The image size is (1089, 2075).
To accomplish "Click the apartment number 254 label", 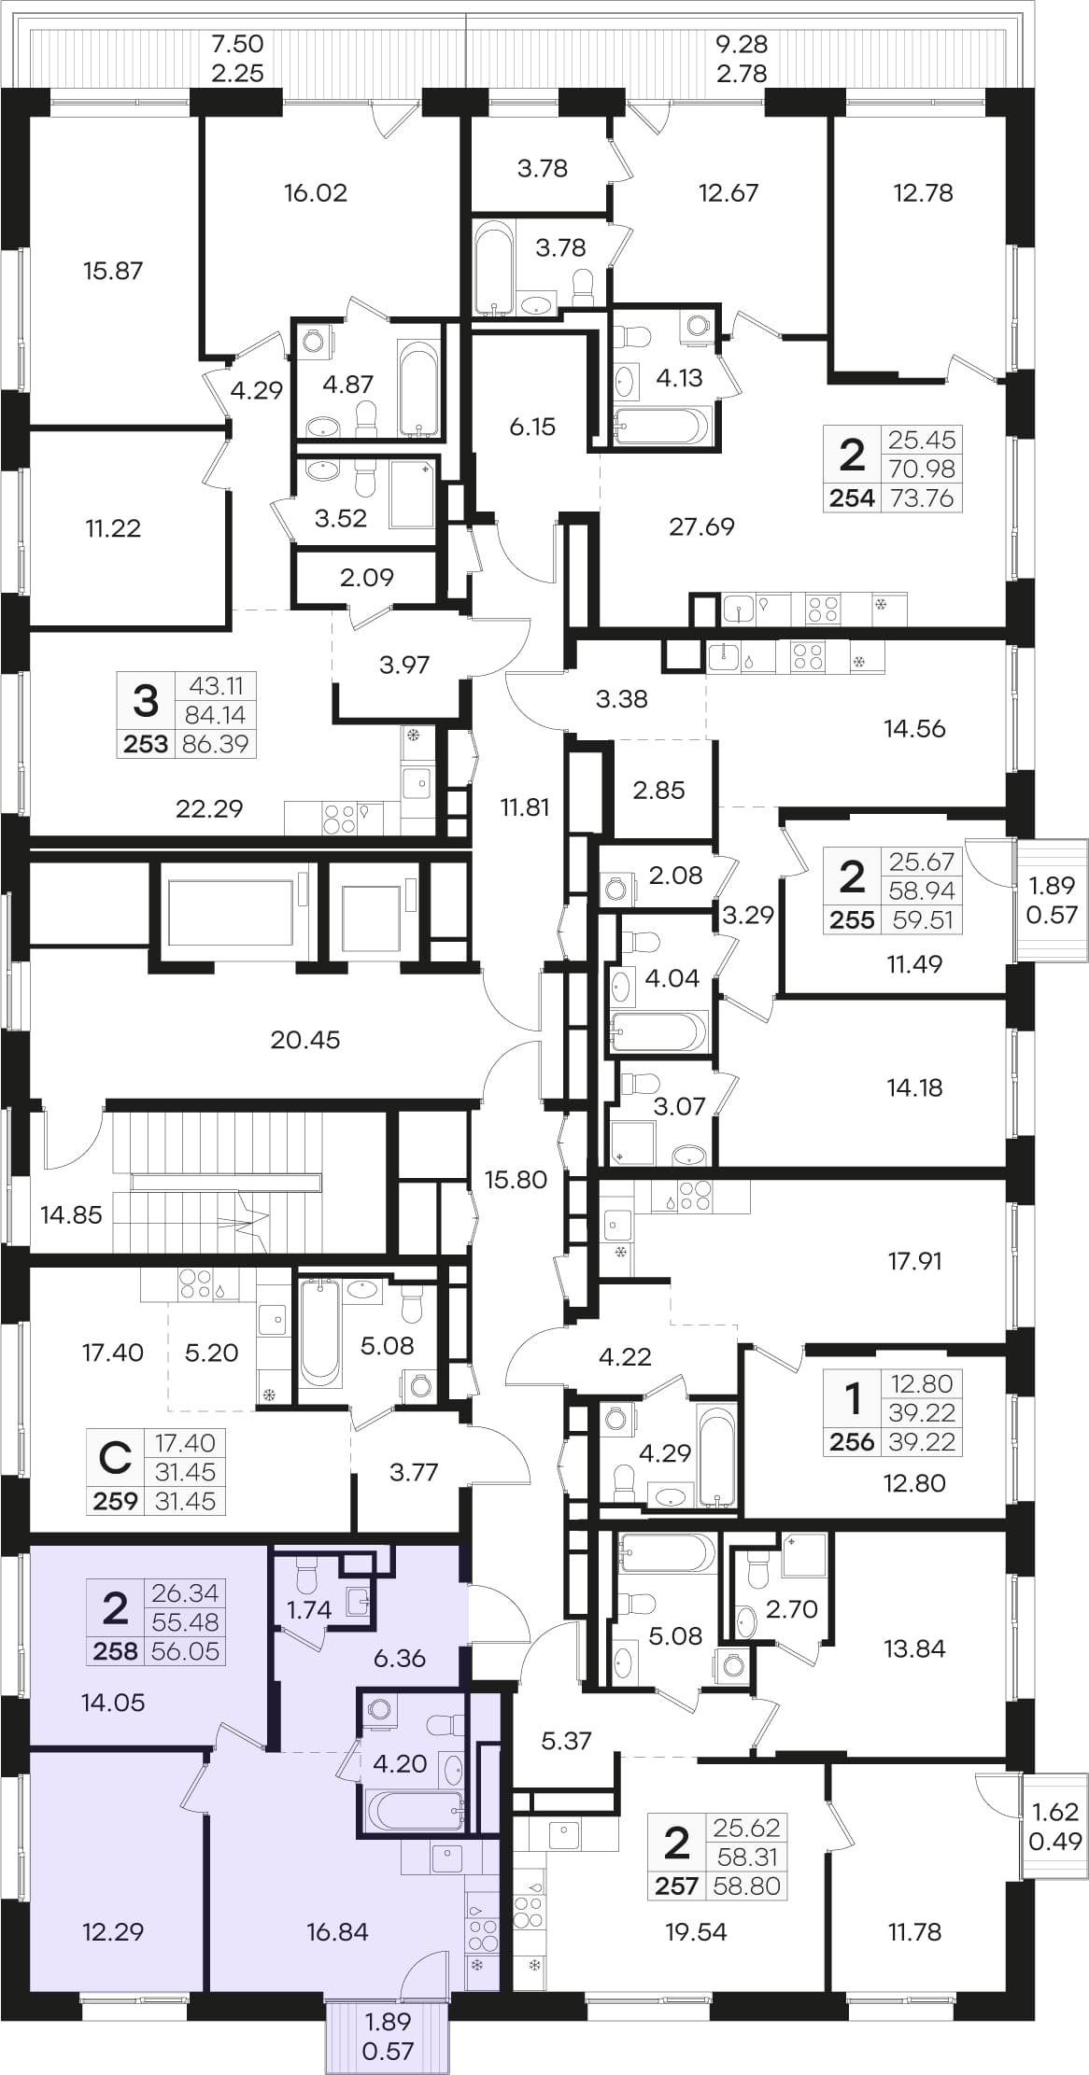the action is pos(852,498).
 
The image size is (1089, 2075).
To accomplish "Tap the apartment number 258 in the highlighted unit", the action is pos(115,1651).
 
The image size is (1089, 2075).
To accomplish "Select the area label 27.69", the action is pos(701,526).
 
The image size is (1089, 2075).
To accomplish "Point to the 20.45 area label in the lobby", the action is pos(305,1039).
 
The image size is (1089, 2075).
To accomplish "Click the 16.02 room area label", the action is pos(316,193).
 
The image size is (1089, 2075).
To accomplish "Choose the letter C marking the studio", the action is pos(115,1458).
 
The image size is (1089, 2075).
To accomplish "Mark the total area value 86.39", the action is pos(216,744).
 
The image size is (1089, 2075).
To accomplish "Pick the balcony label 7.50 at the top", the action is pos(237,44).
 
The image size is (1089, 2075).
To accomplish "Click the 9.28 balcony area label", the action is pos(742,44).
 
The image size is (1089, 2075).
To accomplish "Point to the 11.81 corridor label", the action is pos(525,807).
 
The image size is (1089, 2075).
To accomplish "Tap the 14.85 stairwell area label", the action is pos(71,1214).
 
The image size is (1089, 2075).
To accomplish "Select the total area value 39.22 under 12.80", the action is pos(922,1442).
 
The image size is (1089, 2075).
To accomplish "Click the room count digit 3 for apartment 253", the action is pos(146,700).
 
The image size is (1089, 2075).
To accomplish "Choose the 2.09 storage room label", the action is pos(367,578).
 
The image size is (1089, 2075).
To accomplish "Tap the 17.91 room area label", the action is pos(914,1261).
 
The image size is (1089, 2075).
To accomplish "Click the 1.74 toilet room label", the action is pos(310,1609).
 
